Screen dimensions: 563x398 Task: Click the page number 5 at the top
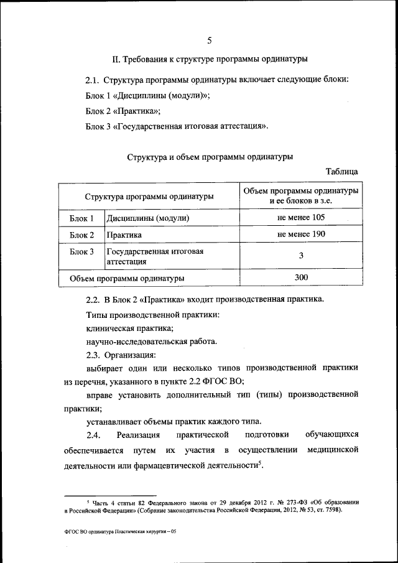pyautogui.click(x=210, y=41)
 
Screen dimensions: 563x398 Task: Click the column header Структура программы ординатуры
pyautogui.click(x=149, y=196)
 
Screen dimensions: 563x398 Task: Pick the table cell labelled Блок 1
pyautogui.click(x=81, y=218)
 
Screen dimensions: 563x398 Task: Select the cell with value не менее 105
pyautogui.click(x=301, y=218)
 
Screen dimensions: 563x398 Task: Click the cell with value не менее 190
pyautogui.click(x=301, y=235)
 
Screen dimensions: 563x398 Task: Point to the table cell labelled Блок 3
pyautogui.click(x=81, y=252)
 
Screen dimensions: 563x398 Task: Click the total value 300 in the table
pyautogui.click(x=301, y=277)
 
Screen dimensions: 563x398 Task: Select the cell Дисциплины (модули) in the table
pyautogui.click(x=148, y=218)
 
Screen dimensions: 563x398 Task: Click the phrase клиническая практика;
pyautogui.click(x=129, y=328)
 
